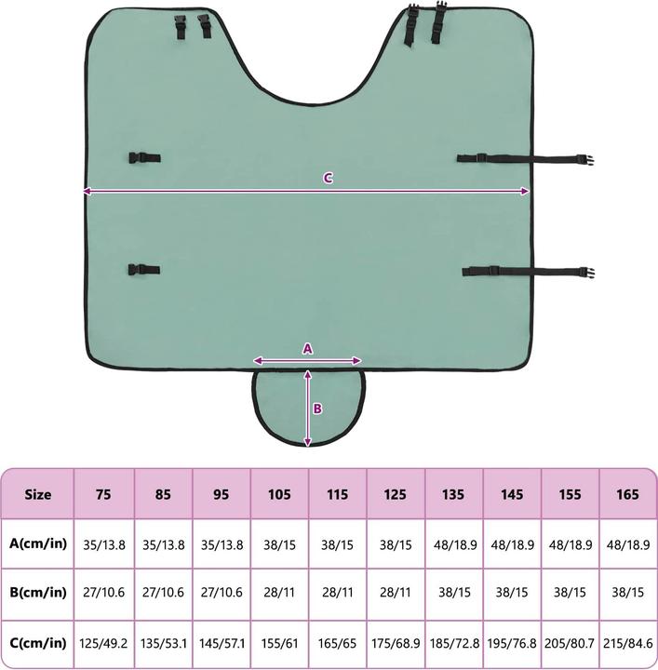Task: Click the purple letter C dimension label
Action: coord(328,178)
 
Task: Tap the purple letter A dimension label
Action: coord(308,349)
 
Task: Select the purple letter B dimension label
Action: coord(317,409)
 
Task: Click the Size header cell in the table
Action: coord(37,494)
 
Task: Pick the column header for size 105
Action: coord(279,494)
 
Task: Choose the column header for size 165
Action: coord(627,494)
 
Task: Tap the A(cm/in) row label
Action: coord(38,543)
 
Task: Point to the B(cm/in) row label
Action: coord(38,593)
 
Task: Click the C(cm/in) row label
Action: coord(38,643)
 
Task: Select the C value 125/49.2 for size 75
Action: coord(103,644)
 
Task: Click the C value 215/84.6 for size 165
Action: coord(628,644)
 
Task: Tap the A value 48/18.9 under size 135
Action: coord(455,545)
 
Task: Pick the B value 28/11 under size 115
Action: coord(338,593)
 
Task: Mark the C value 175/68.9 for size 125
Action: coord(396,644)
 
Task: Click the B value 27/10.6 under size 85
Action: coord(163,593)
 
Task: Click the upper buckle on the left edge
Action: coord(145,158)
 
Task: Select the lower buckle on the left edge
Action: coord(144,270)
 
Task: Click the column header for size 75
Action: coord(103,494)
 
